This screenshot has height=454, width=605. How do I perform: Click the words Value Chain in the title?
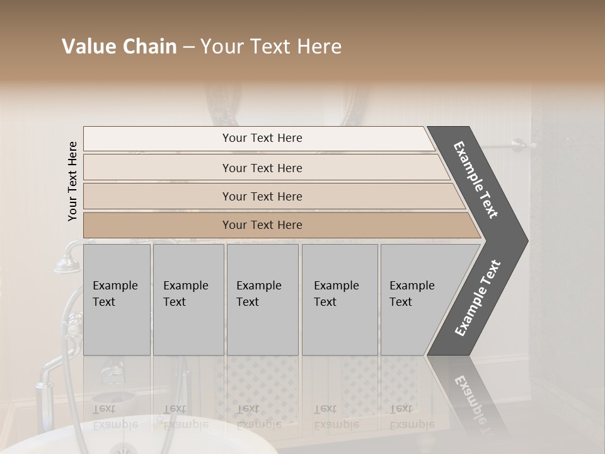tap(119, 47)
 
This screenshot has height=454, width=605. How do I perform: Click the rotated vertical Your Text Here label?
tap(72, 181)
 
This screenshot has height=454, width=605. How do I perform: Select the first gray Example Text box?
tap(117, 300)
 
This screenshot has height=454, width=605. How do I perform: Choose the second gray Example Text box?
tap(188, 300)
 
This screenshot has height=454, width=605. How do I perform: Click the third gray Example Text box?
tap(262, 300)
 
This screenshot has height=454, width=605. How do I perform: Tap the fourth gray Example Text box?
tap(340, 300)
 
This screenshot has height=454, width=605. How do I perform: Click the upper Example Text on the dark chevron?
tap(476, 180)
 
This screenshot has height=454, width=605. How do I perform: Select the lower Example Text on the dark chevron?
tap(478, 298)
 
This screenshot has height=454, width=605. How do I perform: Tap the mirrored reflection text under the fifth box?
tap(412, 417)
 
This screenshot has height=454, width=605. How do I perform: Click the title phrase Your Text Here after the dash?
tap(271, 47)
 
